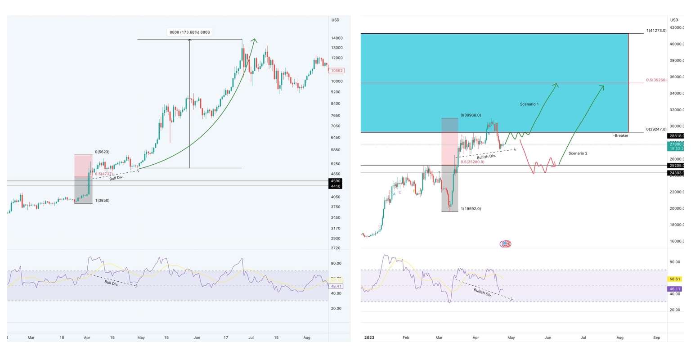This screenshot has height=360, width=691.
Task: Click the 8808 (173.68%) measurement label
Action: (189, 32)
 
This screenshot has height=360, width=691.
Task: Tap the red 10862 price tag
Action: (336, 71)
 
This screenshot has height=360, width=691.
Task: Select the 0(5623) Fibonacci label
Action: (102, 152)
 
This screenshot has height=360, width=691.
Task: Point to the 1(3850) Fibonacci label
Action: (102, 200)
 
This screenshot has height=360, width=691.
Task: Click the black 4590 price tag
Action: (336, 181)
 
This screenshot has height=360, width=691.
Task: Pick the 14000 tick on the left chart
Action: (337, 38)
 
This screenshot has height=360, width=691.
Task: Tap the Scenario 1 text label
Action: (529, 104)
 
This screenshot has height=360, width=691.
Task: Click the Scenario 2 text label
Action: (578, 153)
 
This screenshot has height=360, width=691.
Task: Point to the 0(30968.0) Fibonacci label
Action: (471, 115)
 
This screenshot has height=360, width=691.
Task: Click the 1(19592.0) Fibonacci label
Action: (471, 209)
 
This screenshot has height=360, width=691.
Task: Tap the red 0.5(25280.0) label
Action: (472, 162)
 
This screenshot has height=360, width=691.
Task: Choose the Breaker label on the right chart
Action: (620, 135)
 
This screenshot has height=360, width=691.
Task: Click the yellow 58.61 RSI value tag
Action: (675, 279)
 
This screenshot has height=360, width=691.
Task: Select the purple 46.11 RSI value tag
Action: (675, 289)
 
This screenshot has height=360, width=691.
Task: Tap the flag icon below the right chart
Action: (505, 244)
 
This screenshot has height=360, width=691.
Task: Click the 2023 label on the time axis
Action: (369, 337)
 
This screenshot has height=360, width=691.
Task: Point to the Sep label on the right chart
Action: (656, 337)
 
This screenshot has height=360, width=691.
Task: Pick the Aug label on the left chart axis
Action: (307, 337)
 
